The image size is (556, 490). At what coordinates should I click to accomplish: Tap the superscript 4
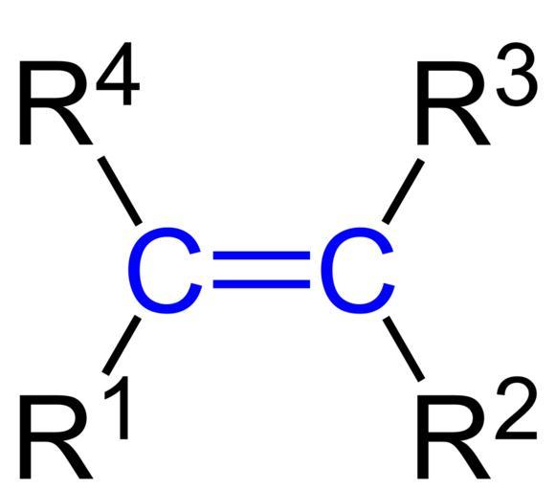click(x=119, y=74)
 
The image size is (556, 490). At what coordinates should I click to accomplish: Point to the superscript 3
click(x=517, y=76)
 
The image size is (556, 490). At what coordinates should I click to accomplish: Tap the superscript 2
click(x=517, y=408)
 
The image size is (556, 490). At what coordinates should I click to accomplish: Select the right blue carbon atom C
click(x=357, y=271)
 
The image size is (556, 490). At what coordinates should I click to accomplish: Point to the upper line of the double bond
click(x=261, y=256)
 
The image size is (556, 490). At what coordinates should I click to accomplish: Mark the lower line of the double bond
click(x=261, y=284)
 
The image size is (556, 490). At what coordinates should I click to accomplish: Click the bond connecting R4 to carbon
click(x=120, y=190)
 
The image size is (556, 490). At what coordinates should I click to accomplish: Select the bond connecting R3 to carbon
click(x=403, y=191)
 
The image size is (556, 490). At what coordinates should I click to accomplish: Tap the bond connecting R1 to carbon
click(x=122, y=345)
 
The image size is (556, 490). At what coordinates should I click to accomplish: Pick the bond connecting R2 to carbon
click(x=404, y=349)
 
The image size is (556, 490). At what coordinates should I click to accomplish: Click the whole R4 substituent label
click(x=79, y=93)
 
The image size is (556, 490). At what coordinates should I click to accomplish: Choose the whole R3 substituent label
click(x=478, y=94)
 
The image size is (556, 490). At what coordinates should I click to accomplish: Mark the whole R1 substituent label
click(x=74, y=428)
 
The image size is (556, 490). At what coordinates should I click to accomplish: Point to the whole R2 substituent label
click(x=478, y=427)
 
